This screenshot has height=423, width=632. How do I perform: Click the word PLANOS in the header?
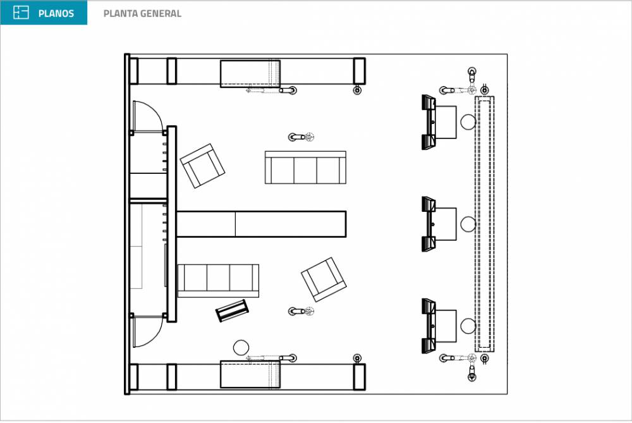56,13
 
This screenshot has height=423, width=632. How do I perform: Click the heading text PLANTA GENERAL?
142,13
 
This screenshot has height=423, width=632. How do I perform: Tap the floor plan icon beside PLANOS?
21,13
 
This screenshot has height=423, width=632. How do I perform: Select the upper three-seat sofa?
305,168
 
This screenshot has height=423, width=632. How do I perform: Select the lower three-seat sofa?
218,281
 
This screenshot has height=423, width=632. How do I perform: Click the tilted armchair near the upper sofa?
202,166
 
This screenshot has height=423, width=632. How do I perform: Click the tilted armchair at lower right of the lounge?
324,279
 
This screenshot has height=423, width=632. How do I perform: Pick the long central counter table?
261,224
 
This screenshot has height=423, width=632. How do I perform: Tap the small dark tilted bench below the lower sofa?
232,310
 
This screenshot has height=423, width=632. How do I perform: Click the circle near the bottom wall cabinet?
241,348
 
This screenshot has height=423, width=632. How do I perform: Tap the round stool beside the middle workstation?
468,224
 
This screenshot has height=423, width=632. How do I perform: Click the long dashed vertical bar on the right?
485,224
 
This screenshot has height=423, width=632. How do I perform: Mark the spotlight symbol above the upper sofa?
301,137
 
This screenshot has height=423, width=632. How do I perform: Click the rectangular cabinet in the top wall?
250,74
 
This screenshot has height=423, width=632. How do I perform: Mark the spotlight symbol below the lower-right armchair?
301,311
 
